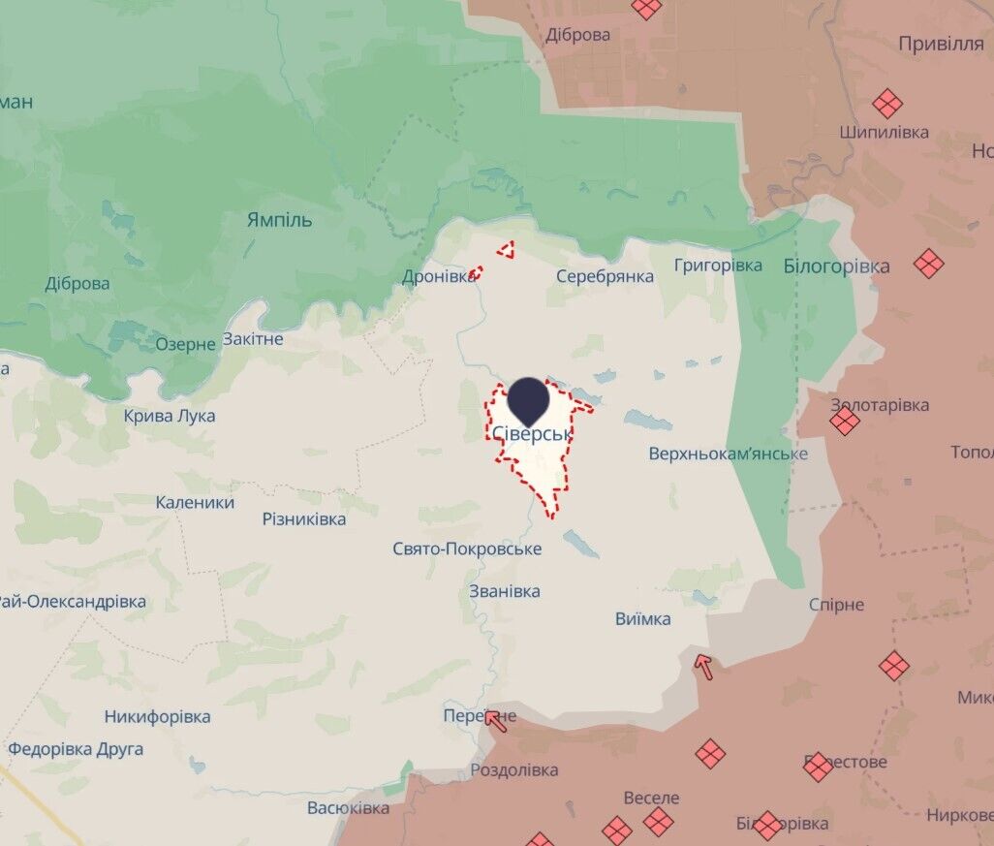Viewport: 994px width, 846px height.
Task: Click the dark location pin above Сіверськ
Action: point(529,399)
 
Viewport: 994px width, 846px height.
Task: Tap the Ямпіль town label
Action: point(280,220)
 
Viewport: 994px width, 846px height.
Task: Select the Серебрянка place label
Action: point(605,276)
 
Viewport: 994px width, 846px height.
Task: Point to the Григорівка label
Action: point(718,265)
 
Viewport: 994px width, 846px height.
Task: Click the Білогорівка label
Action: point(836,266)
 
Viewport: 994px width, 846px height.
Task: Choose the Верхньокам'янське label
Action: point(728,454)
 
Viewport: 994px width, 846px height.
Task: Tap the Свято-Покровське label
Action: point(467,549)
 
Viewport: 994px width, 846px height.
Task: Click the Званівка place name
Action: point(504,591)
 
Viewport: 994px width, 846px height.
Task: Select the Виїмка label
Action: point(642,619)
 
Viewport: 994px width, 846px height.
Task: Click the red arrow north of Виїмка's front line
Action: point(703,666)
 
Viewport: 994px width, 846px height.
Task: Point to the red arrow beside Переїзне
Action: point(496,720)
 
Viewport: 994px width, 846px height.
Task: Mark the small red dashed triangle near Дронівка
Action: point(506,251)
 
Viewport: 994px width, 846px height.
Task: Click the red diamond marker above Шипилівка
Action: point(886,104)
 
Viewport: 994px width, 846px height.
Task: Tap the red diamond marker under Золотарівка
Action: point(845,421)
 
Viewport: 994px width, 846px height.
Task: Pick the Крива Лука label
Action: point(170,416)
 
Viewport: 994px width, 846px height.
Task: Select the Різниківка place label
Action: point(303,519)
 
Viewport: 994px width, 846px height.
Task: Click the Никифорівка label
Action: point(157,717)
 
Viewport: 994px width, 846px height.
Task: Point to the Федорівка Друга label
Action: point(76,749)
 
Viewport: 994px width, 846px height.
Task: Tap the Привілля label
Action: point(941,44)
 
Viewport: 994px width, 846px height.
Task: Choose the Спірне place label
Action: point(836,605)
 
